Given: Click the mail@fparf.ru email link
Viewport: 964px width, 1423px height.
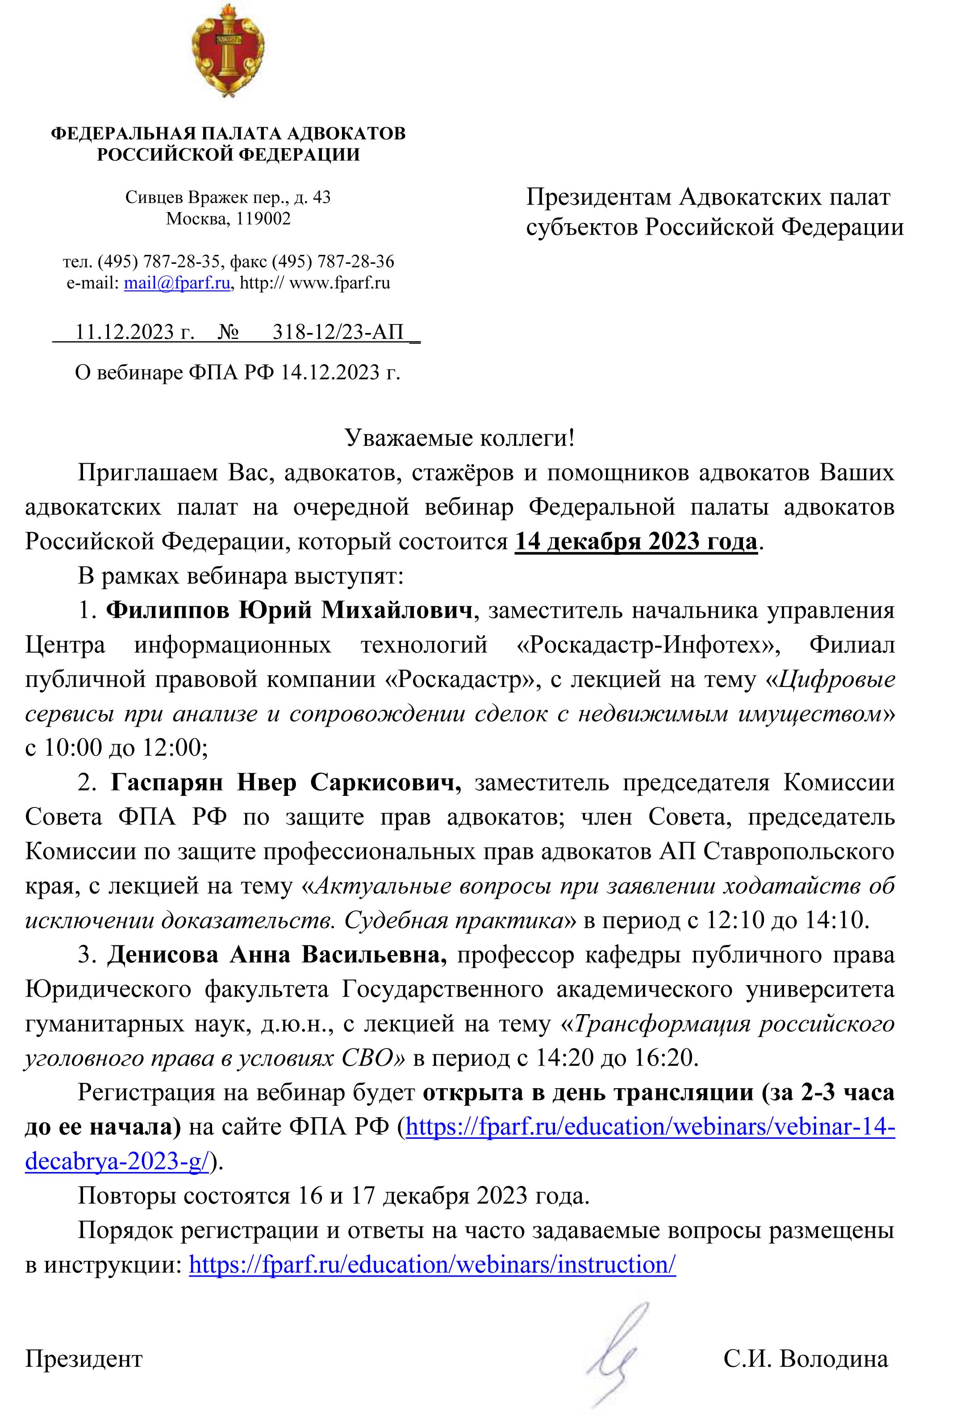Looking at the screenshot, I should click(x=177, y=283).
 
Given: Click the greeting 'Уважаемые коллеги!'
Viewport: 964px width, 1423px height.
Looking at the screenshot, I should click(x=460, y=438).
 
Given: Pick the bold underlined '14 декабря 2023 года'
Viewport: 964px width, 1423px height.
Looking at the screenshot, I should click(x=636, y=541).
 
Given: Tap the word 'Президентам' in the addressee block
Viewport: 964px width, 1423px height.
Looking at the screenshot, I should click(x=598, y=197).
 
